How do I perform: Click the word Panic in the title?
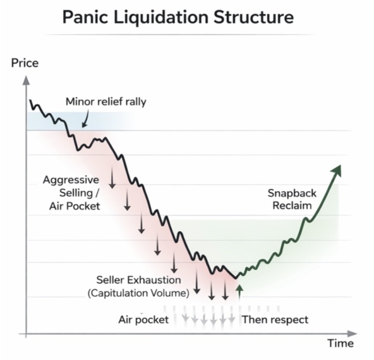click(85, 17)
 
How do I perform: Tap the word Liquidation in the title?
click(160, 18)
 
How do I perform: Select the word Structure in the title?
click(253, 17)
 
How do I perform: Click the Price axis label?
click(25, 63)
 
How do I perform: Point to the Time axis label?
click(341, 344)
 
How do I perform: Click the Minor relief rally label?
click(106, 102)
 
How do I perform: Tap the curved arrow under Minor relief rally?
click(85, 119)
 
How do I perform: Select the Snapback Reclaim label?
click(292, 200)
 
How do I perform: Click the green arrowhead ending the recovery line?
click(337, 171)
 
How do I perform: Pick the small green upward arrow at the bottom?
click(239, 292)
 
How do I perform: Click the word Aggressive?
click(71, 180)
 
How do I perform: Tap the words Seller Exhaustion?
click(138, 280)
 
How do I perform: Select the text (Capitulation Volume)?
click(138, 293)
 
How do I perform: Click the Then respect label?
click(275, 320)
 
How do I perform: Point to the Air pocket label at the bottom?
click(143, 320)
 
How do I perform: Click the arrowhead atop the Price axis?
click(26, 80)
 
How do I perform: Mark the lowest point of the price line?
click(236, 279)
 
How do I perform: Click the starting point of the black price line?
click(30, 100)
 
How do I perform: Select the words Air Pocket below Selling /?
click(75, 207)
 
